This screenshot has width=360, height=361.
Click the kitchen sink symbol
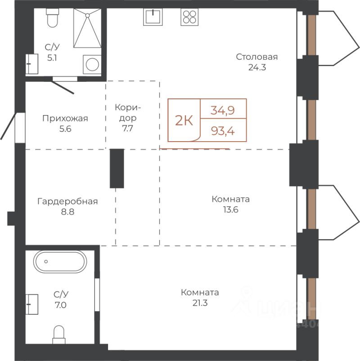click(153, 17)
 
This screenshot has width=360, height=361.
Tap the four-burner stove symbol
click(189, 17)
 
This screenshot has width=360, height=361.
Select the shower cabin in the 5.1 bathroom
click(87, 28)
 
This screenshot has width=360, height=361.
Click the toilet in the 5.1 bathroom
click(53, 18)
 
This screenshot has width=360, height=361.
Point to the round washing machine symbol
click(92, 64)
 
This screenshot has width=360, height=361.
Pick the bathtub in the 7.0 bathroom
click(60, 262)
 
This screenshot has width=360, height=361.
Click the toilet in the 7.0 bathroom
click(59, 335)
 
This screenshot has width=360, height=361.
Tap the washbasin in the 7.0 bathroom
click(32, 304)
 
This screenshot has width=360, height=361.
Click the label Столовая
click(257, 57)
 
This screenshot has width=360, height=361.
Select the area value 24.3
click(257, 67)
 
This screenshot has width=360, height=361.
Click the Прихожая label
click(65, 118)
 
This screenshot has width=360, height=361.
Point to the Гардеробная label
click(67, 201)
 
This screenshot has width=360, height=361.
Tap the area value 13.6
click(230, 209)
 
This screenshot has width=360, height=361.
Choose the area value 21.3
click(200, 303)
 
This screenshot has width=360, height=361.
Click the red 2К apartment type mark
click(184, 120)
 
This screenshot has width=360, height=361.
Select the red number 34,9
click(222, 110)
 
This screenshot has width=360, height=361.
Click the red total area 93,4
click(223, 131)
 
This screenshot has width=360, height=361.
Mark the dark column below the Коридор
click(117, 169)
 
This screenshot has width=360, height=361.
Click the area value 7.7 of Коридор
click(127, 128)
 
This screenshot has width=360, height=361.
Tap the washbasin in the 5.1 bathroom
click(32, 64)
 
